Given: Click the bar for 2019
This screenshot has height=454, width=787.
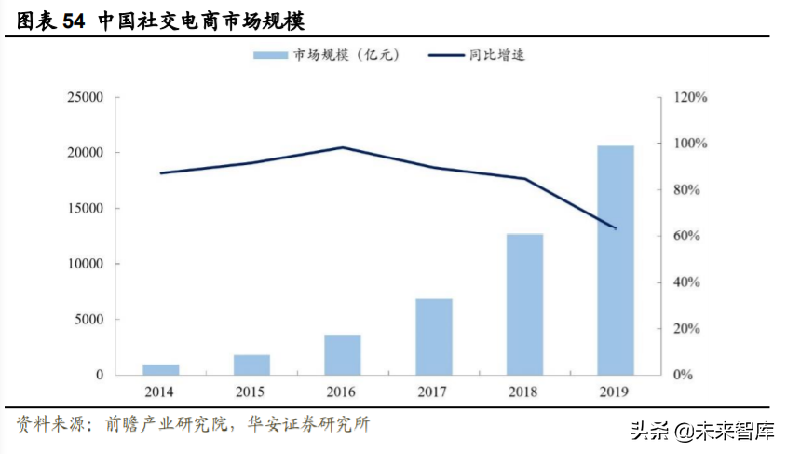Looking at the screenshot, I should (x=615, y=260).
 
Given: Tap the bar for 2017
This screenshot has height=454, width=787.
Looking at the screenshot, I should (x=433, y=337).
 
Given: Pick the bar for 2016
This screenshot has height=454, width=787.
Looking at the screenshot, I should (x=342, y=354).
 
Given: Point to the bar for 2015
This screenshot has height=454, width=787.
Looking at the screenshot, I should (x=251, y=365).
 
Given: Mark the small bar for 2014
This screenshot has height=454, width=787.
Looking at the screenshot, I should (x=160, y=369).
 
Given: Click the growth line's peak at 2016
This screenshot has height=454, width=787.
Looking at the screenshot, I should (x=342, y=147).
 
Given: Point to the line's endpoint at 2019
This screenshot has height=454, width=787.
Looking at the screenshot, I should (x=615, y=228).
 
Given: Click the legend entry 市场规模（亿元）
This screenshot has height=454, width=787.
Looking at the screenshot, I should (x=326, y=55).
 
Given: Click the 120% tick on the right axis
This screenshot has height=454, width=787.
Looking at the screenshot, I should (x=690, y=97).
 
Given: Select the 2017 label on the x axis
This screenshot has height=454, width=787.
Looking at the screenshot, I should (x=433, y=392).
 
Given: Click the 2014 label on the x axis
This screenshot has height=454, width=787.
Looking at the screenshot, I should (x=160, y=392).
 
